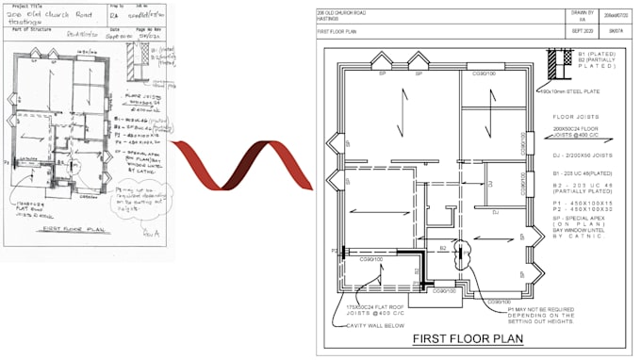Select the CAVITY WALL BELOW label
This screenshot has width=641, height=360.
(x=374, y=325)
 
